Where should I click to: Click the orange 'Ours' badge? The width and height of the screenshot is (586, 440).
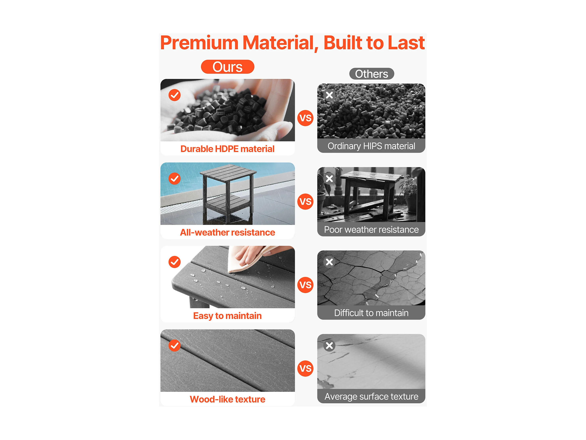click(228, 67)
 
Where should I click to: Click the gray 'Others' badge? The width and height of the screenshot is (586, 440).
click(371, 74)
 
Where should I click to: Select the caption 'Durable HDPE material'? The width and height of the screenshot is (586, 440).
click(227, 149)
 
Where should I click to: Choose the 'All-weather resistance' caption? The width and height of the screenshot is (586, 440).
click(227, 232)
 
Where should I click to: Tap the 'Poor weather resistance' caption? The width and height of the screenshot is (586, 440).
click(371, 230)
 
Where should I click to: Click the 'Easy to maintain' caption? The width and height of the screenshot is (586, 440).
click(227, 316)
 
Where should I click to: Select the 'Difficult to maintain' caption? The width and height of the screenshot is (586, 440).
click(371, 313)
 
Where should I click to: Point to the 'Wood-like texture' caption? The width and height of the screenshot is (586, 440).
click(227, 399)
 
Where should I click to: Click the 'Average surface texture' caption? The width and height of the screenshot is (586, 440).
click(371, 397)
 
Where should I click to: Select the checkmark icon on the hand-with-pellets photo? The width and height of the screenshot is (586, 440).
click(175, 95)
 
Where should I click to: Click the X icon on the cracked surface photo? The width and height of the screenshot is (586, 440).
click(329, 262)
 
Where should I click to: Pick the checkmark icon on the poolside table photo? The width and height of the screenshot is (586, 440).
click(175, 179)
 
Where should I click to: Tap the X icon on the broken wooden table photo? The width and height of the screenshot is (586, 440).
click(329, 179)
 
